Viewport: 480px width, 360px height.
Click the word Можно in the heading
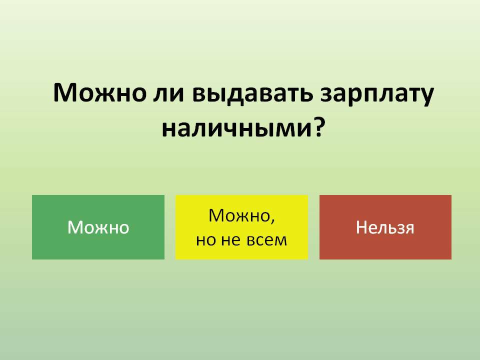(99, 93)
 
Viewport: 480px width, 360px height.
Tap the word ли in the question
(168, 94)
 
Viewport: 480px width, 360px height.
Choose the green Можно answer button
(98, 227)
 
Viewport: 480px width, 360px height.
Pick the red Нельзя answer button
(385, 227)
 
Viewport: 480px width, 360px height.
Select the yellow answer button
(241, 227)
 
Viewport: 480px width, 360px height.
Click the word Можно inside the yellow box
(239, 215)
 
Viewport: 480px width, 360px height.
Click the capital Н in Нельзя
(361, 227)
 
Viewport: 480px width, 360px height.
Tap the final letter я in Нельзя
(409, 229)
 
